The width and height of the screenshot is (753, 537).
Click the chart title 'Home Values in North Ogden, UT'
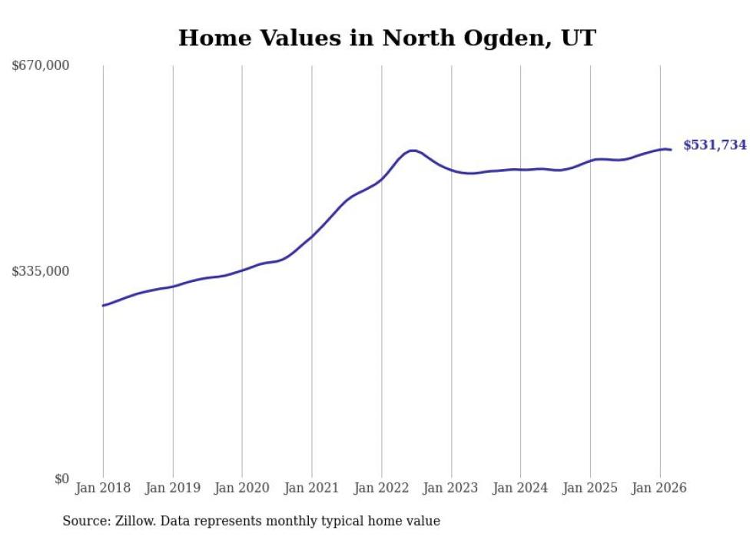tap(386, 38)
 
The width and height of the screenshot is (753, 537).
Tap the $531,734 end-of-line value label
tap(715, 145)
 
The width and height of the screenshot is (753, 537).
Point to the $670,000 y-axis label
tap(41, 65)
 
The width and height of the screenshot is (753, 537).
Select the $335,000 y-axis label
tap(41, 271)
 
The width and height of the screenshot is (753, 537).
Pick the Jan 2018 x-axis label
tap(103, 488)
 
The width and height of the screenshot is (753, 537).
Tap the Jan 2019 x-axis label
tap(173, 488)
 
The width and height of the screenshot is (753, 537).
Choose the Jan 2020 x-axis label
tap(242, 488)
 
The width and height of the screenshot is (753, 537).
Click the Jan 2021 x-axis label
tap(312, 488)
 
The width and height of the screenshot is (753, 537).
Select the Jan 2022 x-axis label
tap(381, 488)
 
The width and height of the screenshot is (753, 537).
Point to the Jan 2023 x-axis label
tap(451, 488)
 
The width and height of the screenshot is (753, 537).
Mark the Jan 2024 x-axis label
tap(520, 488)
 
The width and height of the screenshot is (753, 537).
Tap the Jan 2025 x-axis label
tap(590, 488)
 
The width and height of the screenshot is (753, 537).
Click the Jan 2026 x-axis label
tap(659, 488)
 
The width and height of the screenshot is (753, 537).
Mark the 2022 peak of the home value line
tap(413, 151)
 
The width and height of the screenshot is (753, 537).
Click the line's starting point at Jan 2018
tap(103, 306)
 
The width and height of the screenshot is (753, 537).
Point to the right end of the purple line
tap(671, 150)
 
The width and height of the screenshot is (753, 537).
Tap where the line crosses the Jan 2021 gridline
tap(312, 235)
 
